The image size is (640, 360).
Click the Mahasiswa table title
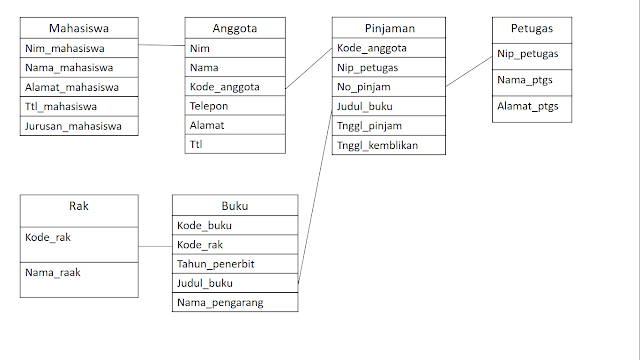79,29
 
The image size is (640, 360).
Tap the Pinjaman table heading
389,29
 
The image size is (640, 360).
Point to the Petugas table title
532,29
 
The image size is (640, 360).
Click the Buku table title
235,207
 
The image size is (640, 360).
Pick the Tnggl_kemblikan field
377,145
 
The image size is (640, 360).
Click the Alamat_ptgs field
528,106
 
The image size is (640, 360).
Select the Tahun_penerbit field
215,264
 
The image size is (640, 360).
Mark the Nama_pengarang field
220,302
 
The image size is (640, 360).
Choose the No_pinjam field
363,87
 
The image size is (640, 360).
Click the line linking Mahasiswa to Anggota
161,46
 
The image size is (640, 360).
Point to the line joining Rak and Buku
155,246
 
